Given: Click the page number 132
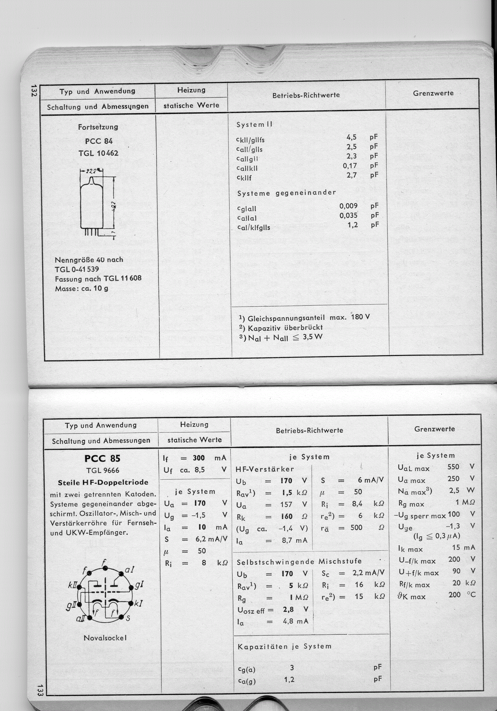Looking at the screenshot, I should [34, 90].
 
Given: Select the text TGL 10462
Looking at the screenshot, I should [98, 153].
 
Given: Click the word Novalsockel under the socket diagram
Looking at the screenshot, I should [105, 638].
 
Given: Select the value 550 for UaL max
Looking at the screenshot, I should [453, 467].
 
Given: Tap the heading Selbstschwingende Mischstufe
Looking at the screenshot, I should [299, 561].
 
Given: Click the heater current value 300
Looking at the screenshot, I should [199, 458].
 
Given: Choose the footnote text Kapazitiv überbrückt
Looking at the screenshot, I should [285, 327].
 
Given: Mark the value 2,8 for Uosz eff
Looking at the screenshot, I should [288, 609].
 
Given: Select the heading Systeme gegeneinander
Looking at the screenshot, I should [287, 193].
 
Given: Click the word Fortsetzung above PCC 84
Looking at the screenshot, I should [98, 127].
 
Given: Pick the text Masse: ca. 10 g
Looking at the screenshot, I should [81, 289].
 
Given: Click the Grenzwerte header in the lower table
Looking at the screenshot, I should [434, 429].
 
